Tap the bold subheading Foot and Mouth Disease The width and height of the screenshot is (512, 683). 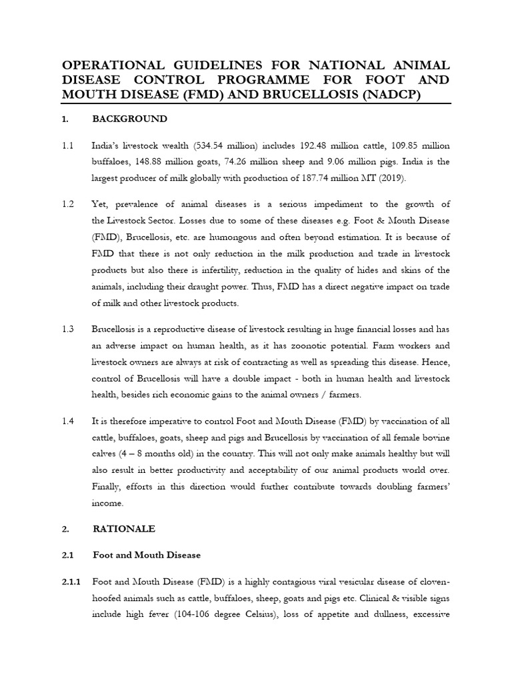147,555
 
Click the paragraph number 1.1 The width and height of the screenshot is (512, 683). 67,145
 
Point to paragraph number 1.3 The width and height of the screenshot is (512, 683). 67,329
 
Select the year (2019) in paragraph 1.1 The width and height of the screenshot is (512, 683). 390,178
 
